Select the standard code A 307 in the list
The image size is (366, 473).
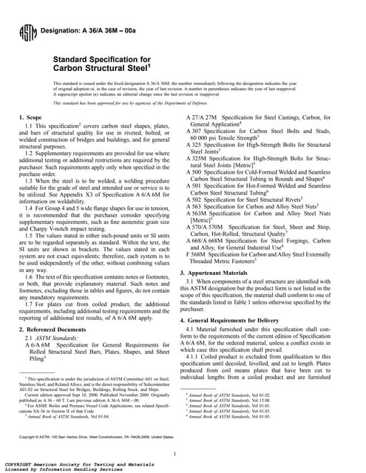point(195,132)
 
